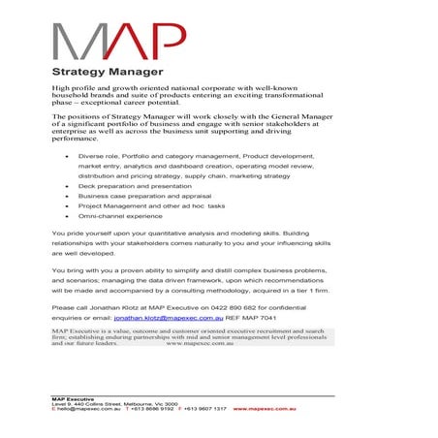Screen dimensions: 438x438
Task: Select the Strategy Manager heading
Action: pos(107,72)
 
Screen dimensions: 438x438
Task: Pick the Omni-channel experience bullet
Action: pos(121,217)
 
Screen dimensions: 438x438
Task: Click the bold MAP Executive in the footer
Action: pos(72,398)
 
